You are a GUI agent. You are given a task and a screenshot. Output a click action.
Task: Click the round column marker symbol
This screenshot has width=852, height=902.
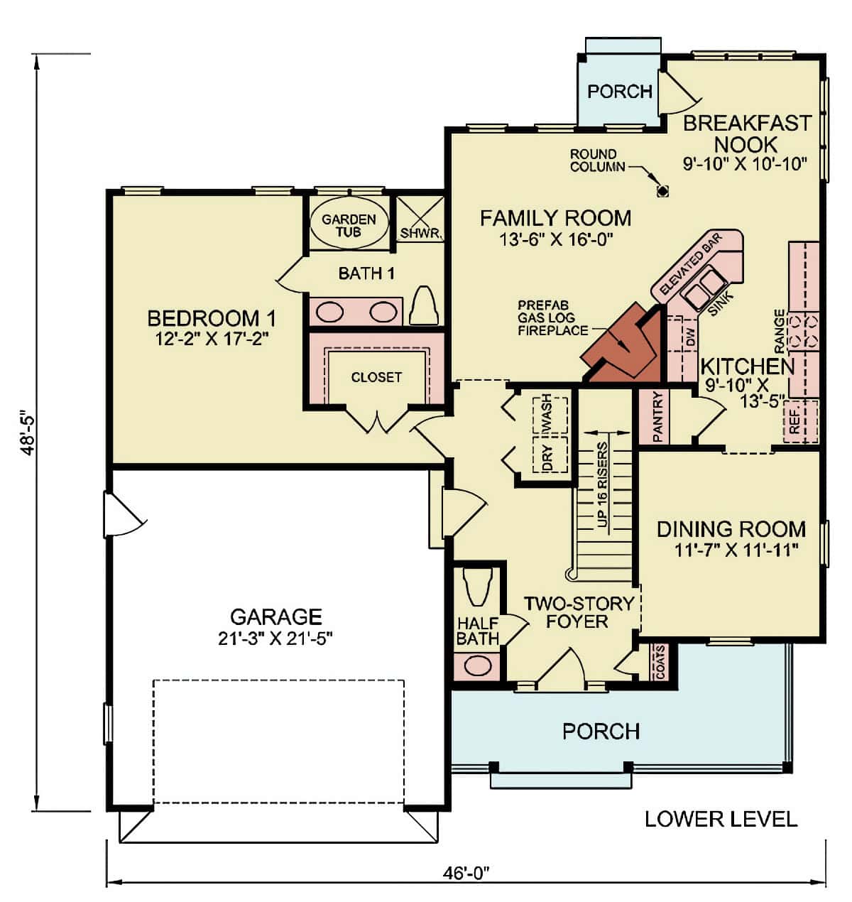click(663, 190)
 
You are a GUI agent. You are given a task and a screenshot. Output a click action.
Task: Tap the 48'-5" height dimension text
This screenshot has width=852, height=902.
click(28, 433)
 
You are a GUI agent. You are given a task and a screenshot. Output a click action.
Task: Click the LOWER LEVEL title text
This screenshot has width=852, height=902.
click(721, 819)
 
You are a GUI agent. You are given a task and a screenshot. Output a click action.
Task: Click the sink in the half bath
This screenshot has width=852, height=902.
click(478, 667)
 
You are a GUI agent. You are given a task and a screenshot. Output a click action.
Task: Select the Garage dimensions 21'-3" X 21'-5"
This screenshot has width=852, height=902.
click(275, 638)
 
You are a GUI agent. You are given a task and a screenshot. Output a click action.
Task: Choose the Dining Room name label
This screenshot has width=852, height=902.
click(731, 529)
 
